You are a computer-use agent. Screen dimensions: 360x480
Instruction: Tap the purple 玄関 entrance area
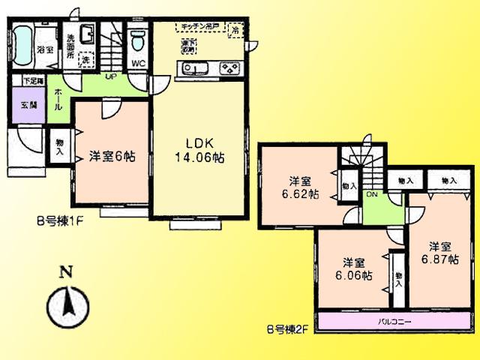click(28, 104)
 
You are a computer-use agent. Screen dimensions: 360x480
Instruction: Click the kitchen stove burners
click(228, 70)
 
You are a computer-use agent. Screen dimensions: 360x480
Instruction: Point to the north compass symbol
click(66, 303)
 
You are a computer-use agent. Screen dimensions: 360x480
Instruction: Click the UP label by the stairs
click(109, 76)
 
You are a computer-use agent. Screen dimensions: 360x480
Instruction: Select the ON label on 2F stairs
click(370, 193)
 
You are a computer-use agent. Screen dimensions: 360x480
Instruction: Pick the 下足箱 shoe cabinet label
click(33, 80)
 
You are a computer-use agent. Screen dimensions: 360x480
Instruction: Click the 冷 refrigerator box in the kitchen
click(235, 31)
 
